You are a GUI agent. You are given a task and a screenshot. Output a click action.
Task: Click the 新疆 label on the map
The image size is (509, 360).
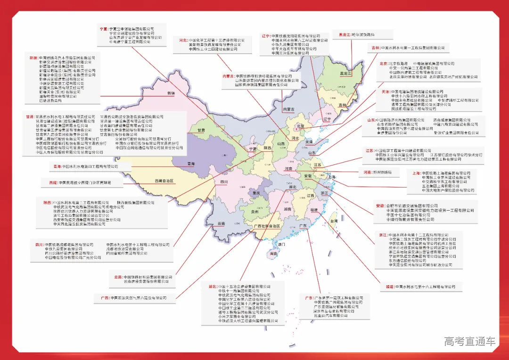[171, 93]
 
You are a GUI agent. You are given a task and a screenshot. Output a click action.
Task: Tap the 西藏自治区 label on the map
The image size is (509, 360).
[164, 181]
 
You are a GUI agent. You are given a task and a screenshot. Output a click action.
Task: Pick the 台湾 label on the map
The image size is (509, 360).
[334, 221]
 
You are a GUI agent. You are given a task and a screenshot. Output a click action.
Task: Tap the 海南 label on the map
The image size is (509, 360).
[274, 254]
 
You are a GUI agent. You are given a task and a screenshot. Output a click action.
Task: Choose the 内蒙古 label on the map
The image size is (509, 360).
[288, 109]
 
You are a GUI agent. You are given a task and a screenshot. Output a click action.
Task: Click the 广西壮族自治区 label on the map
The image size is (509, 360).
[267, 226]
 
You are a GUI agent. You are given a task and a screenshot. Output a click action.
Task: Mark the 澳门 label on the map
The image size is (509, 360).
[282, 245]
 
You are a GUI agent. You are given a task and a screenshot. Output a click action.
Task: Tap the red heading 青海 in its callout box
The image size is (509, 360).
[57, 166]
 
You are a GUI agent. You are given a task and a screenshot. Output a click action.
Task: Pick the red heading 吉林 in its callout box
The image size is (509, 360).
[375, 48]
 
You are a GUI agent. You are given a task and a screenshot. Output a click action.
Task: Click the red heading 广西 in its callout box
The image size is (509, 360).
[105, 298]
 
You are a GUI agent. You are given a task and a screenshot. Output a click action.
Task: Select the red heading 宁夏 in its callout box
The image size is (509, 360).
[104, 29]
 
